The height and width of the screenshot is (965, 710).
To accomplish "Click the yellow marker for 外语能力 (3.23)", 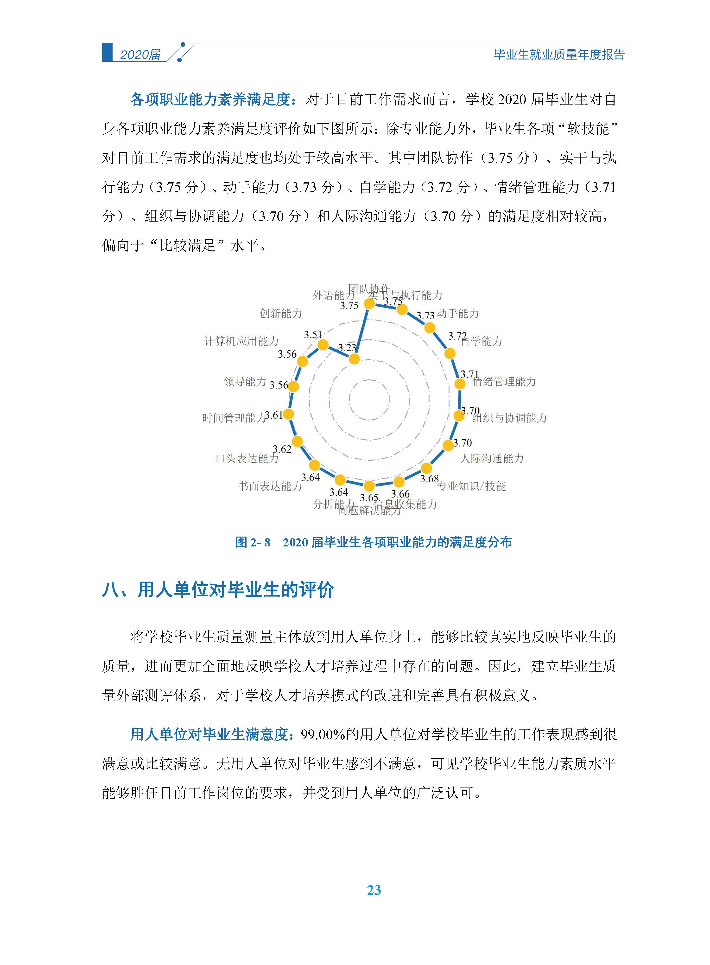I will tap(354, 359).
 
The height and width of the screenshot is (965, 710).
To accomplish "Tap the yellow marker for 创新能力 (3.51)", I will tap(323, 345).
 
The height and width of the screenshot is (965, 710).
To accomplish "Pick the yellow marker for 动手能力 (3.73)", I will tap(429, 328).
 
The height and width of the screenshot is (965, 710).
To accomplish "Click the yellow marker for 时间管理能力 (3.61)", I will tap(288, 414).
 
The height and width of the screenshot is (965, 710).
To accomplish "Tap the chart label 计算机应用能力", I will tap(241, 341).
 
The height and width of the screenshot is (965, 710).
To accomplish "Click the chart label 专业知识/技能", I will tap(471, 486).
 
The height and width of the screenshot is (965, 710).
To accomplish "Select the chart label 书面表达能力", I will tap(270, 486).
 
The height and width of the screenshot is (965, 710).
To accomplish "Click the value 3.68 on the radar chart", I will tap(429, 479).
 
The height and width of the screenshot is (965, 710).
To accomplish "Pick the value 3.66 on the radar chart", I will tap(400, 494).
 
